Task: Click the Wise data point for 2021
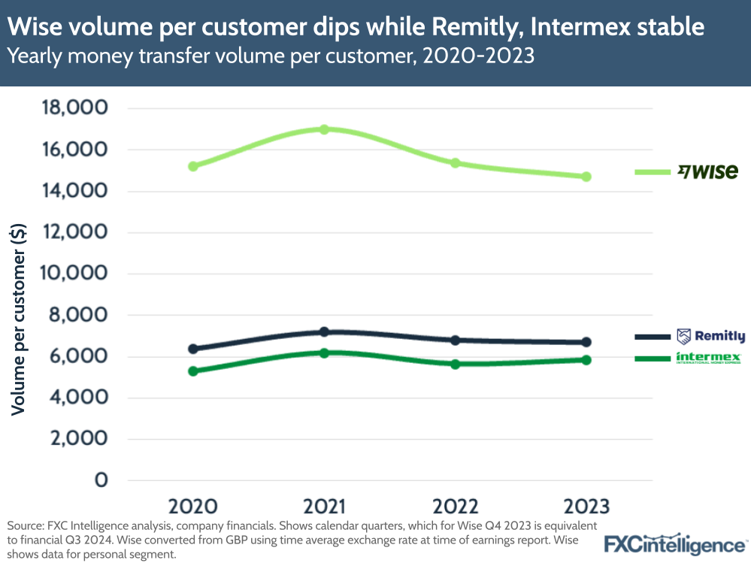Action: click(324, 129)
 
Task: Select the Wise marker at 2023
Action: click(586, 177)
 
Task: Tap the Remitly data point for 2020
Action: click(193, 349)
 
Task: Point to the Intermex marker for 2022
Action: click(456, 364)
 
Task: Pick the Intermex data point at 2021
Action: click(324, 353)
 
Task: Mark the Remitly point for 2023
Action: click(586, 342)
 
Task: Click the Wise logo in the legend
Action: click(707, 172)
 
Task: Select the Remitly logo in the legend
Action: click(710, 337)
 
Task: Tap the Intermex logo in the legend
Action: click(709, 358)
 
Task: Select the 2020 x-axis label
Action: click(193, 506)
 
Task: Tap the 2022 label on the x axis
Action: click(456, 506)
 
